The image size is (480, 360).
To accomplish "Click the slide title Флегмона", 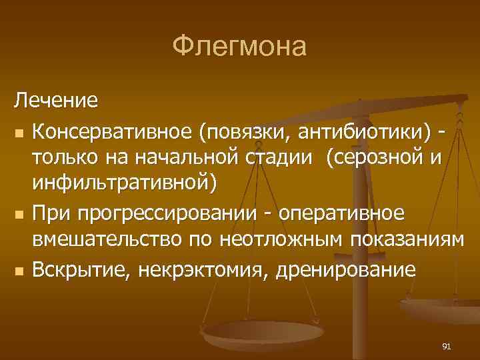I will click(x=240, y=47).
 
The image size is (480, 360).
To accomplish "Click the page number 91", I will click(x=447, y=346).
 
